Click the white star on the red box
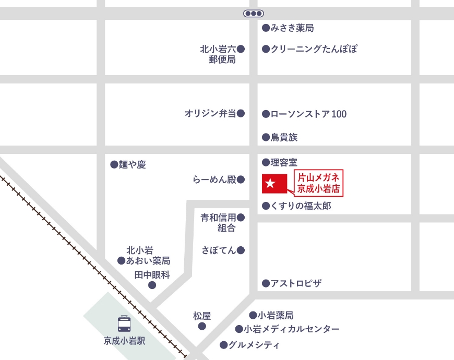pos(270,183)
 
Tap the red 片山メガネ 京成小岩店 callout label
pos(318,183)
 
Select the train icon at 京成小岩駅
pos(124,323)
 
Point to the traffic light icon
pos(254,14)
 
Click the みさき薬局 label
pos(292,28)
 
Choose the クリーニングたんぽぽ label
pos(314,49)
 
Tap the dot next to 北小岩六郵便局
pos(241,49)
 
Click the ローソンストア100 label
pos(308,114)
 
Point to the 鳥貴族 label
pos(284,138)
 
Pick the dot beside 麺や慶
pos(114,164)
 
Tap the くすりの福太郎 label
pos(301,206)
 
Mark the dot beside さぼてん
pos(241,250)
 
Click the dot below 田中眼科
pos(152,285)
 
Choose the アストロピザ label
pos(295,283)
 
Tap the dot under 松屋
pos(202,327)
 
